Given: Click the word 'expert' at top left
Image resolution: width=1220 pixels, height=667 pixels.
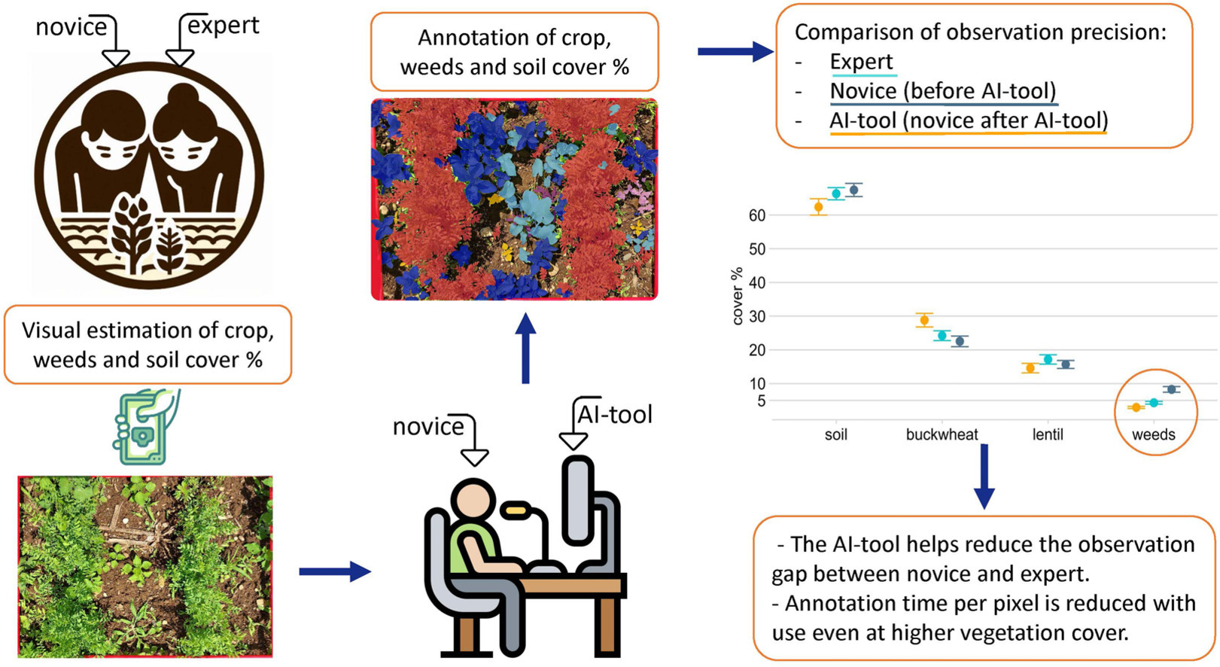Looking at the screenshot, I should click(x=223, y=26).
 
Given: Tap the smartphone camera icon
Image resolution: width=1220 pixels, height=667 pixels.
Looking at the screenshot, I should click(x=146, y=426).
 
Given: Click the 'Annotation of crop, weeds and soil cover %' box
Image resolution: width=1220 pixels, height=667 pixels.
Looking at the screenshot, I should click(x=514, y=52).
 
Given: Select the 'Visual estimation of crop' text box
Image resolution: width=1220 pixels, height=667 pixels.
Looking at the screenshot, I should click(x=148, y=345).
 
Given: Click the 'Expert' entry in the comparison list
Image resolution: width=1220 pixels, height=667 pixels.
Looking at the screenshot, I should click(x=861, y=62).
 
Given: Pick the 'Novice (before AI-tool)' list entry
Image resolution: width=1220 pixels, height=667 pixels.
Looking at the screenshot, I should click(x=943, y=91).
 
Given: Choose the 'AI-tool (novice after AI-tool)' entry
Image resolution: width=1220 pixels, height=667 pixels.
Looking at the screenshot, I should click(x=968, y=120).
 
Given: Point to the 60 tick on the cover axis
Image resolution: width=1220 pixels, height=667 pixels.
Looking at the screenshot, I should click(x=756, y=215).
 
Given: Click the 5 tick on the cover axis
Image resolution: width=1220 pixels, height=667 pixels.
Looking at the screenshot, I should click(x=761, y=401).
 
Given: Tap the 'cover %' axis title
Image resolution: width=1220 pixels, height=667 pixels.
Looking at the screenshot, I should click(x=738, y=296).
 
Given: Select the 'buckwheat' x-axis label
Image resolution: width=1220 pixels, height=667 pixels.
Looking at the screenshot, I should click(x=942, y=434).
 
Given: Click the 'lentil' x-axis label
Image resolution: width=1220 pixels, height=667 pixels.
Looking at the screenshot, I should click(x=1048, y=434).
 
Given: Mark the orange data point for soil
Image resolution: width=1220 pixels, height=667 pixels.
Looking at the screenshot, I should click(x=818, y=207).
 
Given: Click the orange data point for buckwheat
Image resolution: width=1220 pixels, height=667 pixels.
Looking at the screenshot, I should click(x=924, y=320).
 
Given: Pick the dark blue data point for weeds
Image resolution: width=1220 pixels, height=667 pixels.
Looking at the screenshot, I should click(x=1171, y=389).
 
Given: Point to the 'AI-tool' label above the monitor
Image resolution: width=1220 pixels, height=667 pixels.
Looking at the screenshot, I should click(x=614, y=414).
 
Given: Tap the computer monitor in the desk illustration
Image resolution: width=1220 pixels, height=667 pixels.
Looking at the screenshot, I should click(x=578, y=501).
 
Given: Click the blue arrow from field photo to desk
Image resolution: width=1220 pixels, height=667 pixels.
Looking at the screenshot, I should click(x=334, y=572).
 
